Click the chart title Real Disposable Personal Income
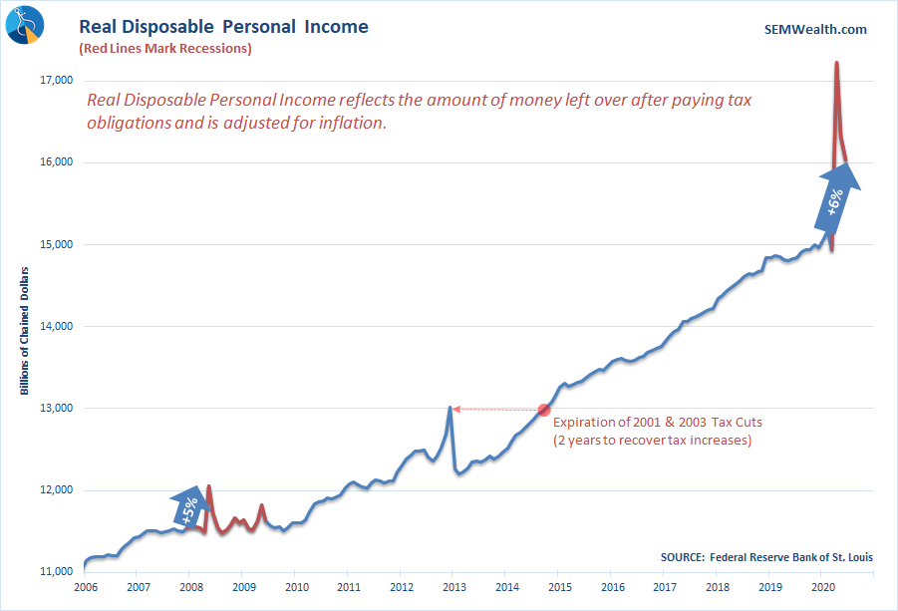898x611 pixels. click(223, 27)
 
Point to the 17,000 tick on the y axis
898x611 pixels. click(57, 81)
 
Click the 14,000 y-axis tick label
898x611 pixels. click(57, 326)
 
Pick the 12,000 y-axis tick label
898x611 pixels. click(57, 490)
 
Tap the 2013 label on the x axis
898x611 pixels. click(454, 588)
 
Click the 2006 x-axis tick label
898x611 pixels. click(85, 588)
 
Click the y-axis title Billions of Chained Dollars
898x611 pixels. click(24, 329)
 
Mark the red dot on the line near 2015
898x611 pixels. click(544, 410)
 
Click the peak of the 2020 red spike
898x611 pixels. click(836, 63)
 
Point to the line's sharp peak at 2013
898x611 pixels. click(450, 407)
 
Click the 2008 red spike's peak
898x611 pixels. click(208, 486)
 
